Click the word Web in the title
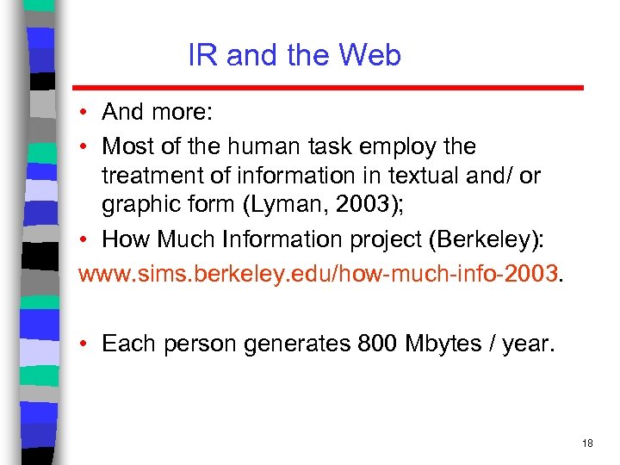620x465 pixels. (369, 56)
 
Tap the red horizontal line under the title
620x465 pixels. (327, 88)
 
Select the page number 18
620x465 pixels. (587, 443)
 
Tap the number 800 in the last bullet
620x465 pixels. (372, 344)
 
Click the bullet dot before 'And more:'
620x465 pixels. (86, 113)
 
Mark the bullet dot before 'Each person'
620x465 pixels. (86, 344)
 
